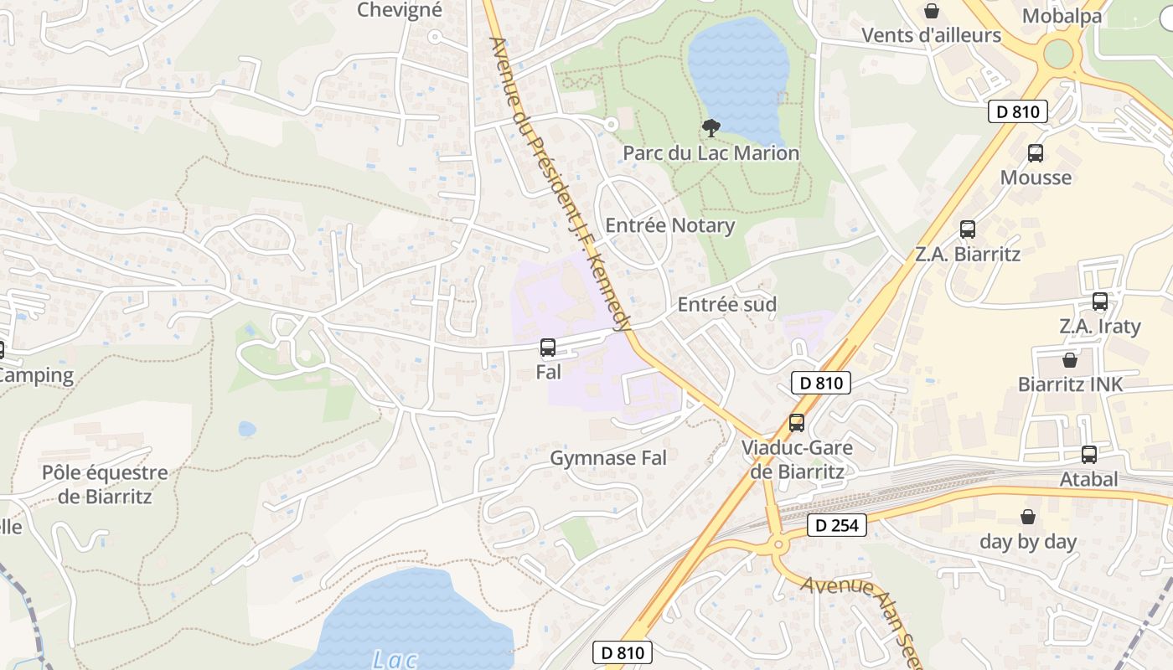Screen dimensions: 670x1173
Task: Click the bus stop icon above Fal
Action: pyautogui.click(x=548, y=348)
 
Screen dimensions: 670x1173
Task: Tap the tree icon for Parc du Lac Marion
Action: pyautogui.click(x=711, y=128)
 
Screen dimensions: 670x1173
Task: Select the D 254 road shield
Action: pyautogui.click(x=836, y=526)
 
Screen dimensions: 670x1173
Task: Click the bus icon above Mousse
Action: pyautogui.click(x=1036, y=153)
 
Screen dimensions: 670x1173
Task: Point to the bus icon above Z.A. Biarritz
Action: pyautogui.click(x=968, y=229)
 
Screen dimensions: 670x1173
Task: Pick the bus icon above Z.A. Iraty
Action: pyautogui.click(x=1100, y=301)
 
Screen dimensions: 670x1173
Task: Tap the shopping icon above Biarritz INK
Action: pyautogui.click(x=1070, y=360)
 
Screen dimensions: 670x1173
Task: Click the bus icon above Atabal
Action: pyautogui.click(x=1089, y=455)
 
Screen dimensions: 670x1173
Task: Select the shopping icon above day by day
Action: pyautogui.click(x=1028, y=517)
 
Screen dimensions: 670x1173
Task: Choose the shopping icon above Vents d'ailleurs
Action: pyautogui.click(x=931, y=11)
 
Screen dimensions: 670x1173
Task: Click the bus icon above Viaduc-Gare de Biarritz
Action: pyautogui.click(x=797, y=423)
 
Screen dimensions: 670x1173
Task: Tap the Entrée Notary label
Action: pyautogui.click(x=669, y=225)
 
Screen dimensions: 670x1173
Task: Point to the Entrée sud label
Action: pyautogui.click(x=726, y=304)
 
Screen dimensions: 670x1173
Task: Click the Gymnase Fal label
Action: pyautogui.click(x=608, y=458)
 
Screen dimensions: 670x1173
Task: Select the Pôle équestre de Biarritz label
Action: pyautogui.click(x=105, y=484)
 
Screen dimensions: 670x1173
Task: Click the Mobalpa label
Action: pyautogui.click(x=1062, y=15)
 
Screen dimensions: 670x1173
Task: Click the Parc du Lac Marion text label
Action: pyautogui.click(x=711, y=153)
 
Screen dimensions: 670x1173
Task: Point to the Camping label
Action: pyautogui.click(x=38, y=375)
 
